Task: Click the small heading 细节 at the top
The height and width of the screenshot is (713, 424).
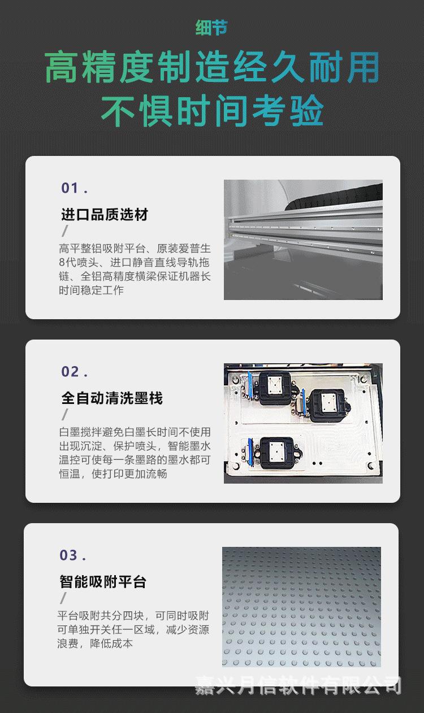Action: (211, 28)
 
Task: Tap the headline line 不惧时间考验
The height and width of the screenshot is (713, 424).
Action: (211, 111)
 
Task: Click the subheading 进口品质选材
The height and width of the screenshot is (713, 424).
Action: (105, 215)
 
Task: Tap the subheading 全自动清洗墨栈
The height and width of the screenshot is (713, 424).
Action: (112, 398)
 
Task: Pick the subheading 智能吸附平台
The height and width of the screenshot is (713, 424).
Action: (103, 582)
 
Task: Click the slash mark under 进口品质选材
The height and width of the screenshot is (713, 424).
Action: (65, 231)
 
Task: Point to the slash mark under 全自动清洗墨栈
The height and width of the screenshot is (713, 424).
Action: (65, 415)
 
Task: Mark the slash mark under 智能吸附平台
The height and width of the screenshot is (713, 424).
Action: (63, 598)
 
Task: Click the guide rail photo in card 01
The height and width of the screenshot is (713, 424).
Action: (303, 240)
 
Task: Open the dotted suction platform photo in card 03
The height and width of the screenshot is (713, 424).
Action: (301, 607)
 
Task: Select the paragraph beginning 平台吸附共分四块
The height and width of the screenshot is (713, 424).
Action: (133, 629)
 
